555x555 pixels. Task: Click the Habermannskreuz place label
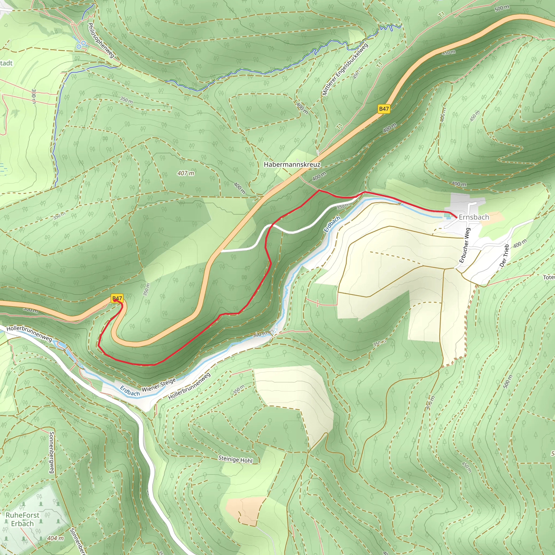click(x=292, y=164)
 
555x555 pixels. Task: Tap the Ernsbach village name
click(x=474, y=217)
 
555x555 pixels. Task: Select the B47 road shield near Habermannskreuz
click(x=384, y=109)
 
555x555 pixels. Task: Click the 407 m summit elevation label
click(x=186, y=173)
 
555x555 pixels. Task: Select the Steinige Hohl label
click(x=235, y=459)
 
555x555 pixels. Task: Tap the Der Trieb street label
click(x=504, y=255)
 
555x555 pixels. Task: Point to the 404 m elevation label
click(x=56, y=538)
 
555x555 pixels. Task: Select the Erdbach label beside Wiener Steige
click(x=130, y=391)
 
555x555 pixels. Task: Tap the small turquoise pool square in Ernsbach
click(x=447, y=215)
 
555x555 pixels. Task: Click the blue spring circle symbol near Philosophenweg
click(x=83, y=43)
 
